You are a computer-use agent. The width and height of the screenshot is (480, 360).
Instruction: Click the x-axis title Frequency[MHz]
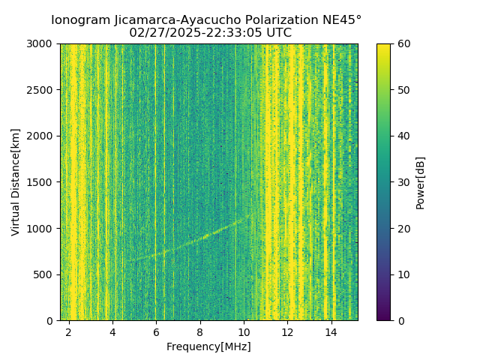click(208, 346)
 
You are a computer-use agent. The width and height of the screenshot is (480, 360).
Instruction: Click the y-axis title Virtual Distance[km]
click(16, 182)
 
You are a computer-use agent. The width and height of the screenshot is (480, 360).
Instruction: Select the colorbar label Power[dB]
click(421, 182)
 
